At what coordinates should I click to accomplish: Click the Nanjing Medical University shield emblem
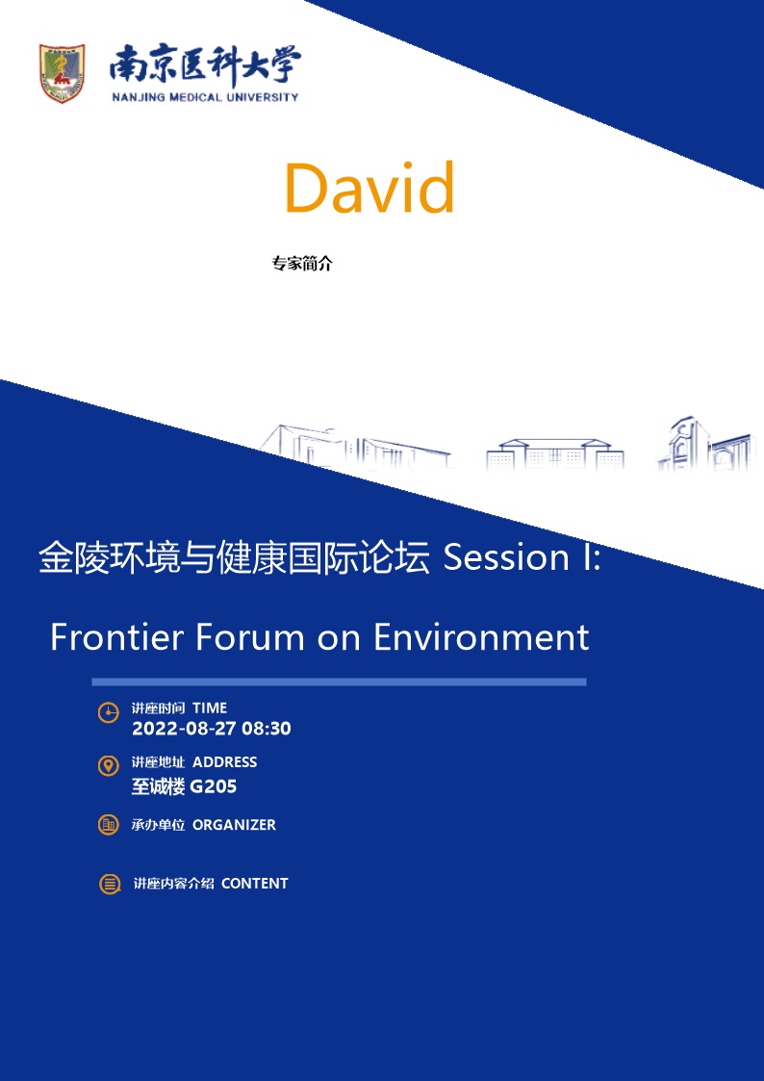(62, 73)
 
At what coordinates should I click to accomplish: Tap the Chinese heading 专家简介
(302, 264)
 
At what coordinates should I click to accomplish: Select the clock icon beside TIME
(108, 713)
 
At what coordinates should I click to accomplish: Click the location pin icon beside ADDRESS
(108, 766)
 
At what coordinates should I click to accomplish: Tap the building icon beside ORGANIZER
(108, 825)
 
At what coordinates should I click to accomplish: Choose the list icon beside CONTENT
(110, 884)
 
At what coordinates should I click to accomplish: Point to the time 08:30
(267, 729)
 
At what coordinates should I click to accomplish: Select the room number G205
(213, 786)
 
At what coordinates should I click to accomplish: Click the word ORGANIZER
(234, 825)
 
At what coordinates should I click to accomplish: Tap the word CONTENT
(255, 883)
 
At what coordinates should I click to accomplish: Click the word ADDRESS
(224, 761)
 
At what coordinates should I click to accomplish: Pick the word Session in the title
(506, 557)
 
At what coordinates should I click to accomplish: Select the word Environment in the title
(481, 637)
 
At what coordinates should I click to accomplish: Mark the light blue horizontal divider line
(339, 682)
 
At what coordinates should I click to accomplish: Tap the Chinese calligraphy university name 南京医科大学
(205, 66)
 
